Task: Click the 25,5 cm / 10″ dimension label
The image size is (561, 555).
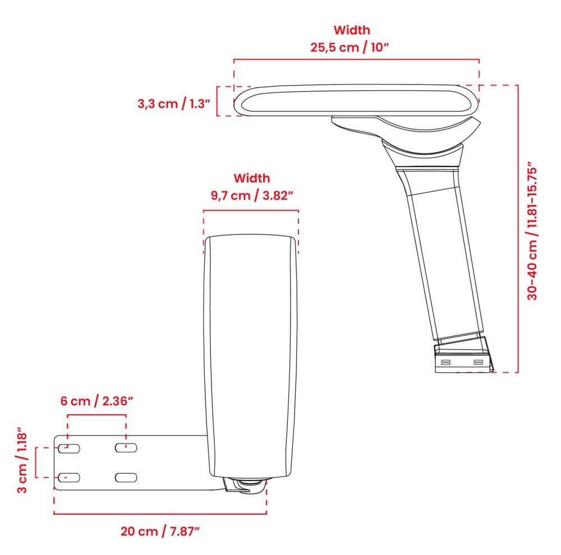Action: tap(351, 47)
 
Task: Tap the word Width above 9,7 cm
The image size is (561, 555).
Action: tap(251, 178)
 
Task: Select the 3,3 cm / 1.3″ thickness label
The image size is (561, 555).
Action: tap(173, 104)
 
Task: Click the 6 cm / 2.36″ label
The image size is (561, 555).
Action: tap(96, 401)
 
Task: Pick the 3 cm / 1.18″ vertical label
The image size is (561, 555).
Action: tap(21, 461)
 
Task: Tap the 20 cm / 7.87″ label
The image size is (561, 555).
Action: tap(160, 531)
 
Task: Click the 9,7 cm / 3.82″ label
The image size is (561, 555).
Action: tap(252, 196)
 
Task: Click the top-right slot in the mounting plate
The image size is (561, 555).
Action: tap(126, 448)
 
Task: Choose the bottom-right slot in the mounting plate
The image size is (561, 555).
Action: tap(126, 477)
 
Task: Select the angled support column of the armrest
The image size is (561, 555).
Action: tap(443, 258)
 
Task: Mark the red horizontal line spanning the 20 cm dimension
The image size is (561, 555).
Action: tap(160, 514)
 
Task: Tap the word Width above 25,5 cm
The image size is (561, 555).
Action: tap(352, 30)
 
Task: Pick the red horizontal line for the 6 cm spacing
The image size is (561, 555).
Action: tap(96, 415)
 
